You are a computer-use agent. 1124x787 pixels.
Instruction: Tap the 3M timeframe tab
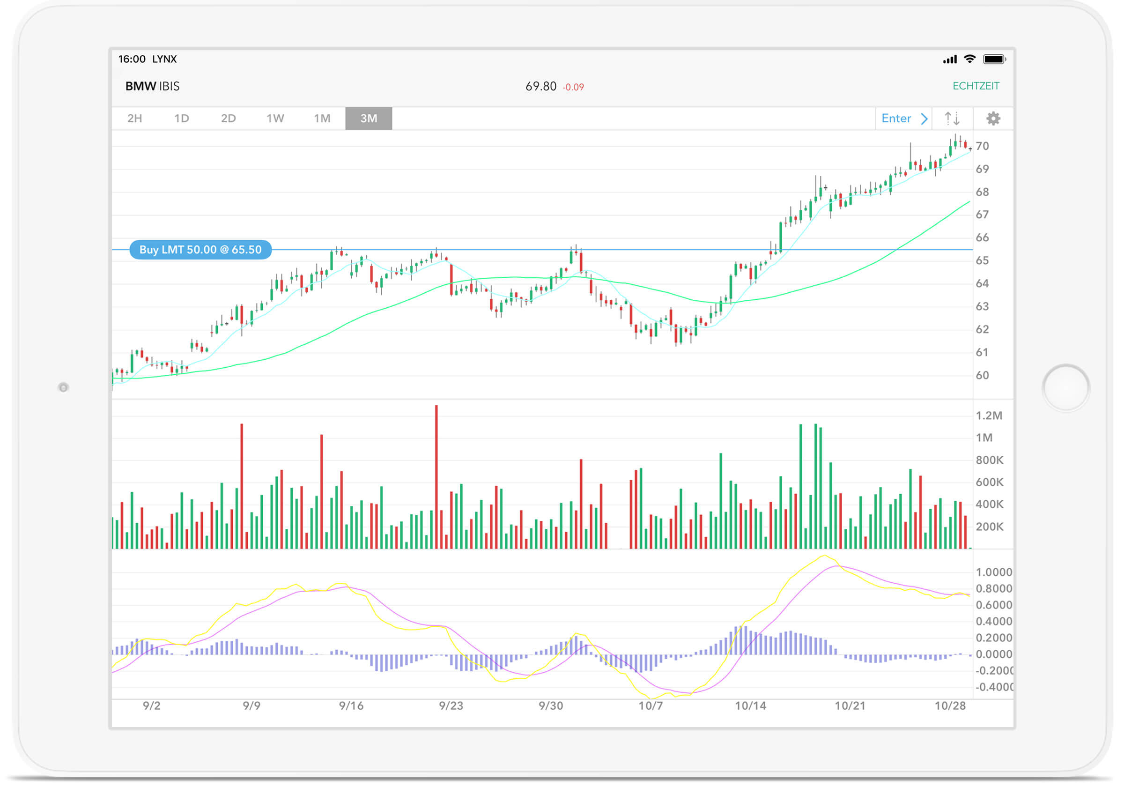pos(368,119)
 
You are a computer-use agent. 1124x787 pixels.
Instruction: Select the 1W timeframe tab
pos(275,119)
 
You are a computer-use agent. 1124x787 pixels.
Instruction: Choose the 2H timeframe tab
pos(134,119)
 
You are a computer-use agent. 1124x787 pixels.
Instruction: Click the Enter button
pos(903,119)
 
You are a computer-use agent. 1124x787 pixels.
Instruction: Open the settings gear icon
pos(993,119)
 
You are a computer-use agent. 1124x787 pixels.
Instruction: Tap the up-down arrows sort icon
pos(952,119)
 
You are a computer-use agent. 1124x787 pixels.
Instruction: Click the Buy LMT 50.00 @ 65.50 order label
pos(200,250)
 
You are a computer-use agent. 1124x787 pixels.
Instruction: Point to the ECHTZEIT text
pos(975,86)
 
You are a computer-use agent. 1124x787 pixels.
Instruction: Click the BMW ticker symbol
pos(140,86)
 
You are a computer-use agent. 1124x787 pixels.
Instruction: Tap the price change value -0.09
pos(573,87)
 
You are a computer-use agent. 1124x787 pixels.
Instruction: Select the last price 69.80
pos(540,86)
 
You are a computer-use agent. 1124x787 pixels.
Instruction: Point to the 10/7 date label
pos(650,705)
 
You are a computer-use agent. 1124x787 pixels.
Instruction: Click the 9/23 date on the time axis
pos(451,705)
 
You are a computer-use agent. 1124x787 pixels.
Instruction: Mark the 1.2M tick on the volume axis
pos(988,416)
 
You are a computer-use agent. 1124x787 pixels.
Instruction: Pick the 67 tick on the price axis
pos(982,215)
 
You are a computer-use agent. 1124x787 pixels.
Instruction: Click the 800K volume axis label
pos(989,460)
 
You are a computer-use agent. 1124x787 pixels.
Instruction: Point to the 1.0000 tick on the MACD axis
pos(993,572)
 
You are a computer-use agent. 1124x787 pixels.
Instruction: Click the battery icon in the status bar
pos(994,59)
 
